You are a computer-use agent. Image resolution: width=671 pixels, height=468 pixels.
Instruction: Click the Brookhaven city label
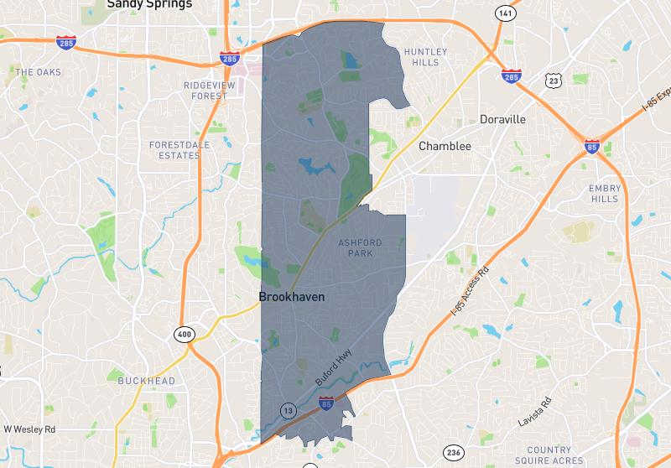tap(292, 297)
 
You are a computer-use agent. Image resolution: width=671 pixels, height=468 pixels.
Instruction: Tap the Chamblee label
tap(445, 146)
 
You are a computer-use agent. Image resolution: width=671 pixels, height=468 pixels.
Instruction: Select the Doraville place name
tap(502, 119)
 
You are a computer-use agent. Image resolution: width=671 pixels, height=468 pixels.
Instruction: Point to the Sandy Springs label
tap(149, 4)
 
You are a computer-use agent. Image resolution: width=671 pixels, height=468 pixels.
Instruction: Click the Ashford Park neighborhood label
tap(360, 247)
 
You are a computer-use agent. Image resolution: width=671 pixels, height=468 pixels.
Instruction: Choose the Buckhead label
tap(147, 381)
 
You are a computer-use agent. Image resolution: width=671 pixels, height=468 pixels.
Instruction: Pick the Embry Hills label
tap(605, 194)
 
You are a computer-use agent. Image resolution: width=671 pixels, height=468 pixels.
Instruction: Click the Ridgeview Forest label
tap(205, 91)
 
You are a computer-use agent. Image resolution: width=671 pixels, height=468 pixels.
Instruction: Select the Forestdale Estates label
tap(174, 150)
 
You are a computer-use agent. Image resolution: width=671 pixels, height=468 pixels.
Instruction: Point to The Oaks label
tap(39, 72)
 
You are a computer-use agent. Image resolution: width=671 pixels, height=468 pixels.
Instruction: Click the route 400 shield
tap(184, 335)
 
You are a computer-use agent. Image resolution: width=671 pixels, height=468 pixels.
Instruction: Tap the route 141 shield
tap(504, 13)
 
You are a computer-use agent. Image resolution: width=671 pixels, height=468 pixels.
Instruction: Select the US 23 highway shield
tap(552, 81)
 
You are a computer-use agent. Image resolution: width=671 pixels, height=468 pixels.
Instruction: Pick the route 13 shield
tap(289, 410)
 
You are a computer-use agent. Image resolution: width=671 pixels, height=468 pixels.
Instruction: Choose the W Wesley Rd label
tap(29, 429)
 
